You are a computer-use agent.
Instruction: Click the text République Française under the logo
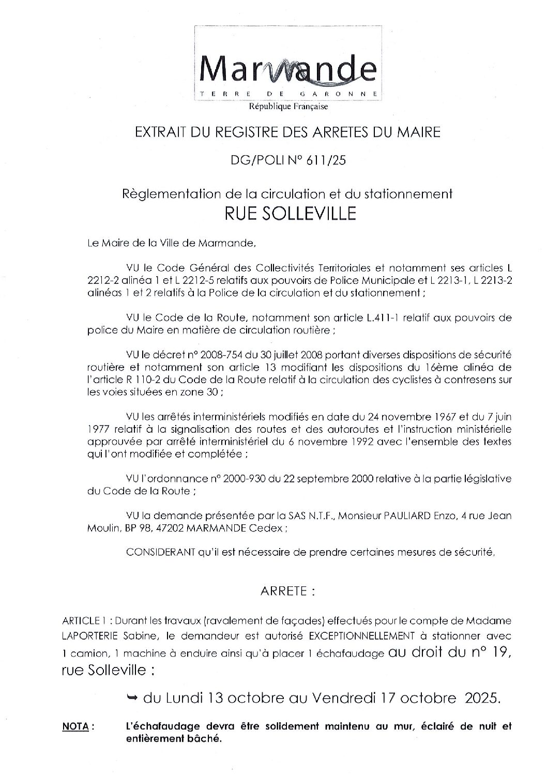(x=288, y=107)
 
